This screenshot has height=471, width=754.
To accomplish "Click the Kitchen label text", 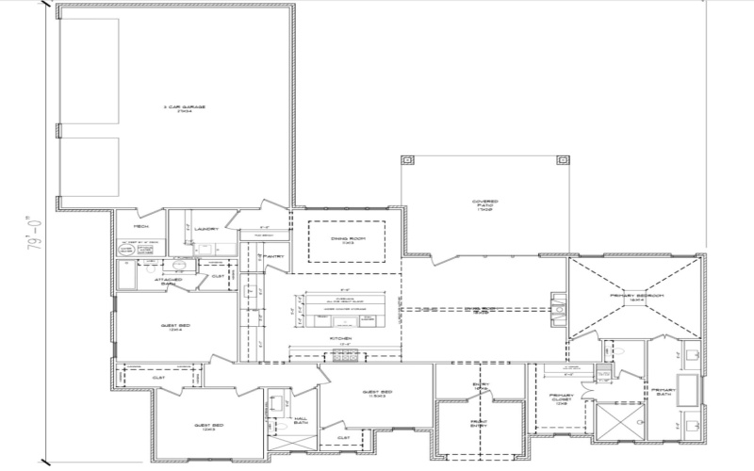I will click(340, 338).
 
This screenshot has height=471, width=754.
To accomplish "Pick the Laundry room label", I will click(208, 229).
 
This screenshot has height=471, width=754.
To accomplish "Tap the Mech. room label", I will click(141, 227).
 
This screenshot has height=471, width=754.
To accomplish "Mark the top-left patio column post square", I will click(406, 159).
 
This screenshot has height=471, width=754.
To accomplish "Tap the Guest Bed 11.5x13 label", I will click(377, 394).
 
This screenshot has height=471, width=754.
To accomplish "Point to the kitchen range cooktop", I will click(345, 357).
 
